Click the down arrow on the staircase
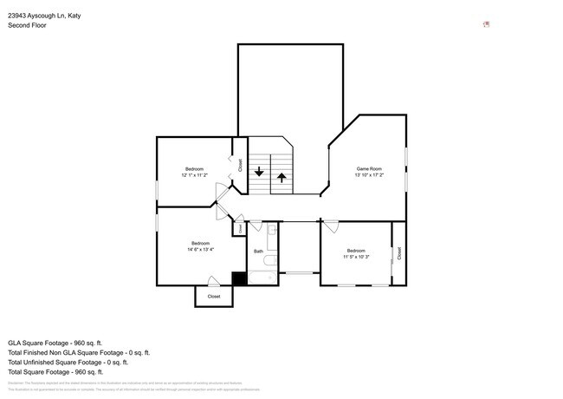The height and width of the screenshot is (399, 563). [x=258, y=171]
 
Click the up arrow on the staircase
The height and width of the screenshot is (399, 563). [x=281, y=178]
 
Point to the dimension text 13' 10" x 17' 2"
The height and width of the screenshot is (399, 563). [x=369, y=175]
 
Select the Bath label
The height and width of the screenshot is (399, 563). [x=258, y=252]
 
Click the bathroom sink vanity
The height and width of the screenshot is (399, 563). [x=271, y=232]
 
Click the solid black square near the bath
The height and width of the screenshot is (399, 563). [x=238, y=278]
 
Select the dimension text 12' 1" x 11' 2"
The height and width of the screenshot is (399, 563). [x=194, y=175]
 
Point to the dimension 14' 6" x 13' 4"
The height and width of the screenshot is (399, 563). [x=200, y=250]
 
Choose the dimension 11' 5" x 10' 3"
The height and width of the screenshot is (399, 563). [x=356, y=257]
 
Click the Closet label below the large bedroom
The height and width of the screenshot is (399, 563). [x=213, y=297]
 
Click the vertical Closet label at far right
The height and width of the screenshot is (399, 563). [x=399, y=252]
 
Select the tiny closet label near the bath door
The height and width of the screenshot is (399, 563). [x=239, y=229]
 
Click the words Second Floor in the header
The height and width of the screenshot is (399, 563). [x=26, y=25]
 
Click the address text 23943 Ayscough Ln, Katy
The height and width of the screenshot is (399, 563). [x=50, y=15]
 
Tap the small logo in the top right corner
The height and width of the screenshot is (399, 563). [x=487, y=24]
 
